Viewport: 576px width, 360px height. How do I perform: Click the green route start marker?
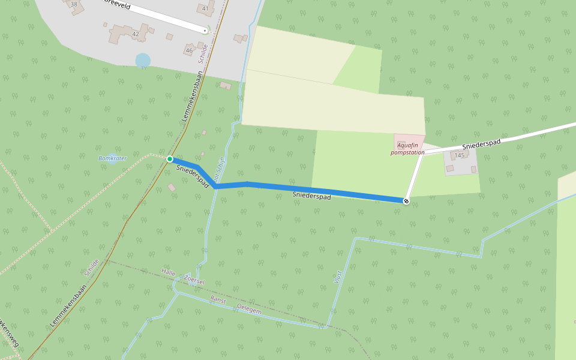(x=170, y=159)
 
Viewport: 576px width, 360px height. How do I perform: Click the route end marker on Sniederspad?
(x=406, y=201)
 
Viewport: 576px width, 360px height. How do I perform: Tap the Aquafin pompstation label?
(x=407, y=149)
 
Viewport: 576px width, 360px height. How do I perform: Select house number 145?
(x=460, y=155)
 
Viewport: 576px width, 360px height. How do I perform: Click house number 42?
(x=136, y=34)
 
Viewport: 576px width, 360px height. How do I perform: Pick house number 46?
(x=190, y=50)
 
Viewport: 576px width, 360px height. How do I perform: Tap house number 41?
(x=205, y=8)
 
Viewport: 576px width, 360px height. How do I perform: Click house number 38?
(x=74, y=5)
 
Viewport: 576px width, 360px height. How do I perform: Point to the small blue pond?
(x=143, y=61)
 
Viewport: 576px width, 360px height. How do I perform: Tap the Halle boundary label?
(x=169, y=272)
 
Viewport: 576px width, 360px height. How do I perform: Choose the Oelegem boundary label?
(x=249, y=310)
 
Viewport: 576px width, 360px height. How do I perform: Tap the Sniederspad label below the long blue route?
(x=311, y=196)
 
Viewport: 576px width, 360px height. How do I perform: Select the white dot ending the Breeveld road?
(x=205, y=30)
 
